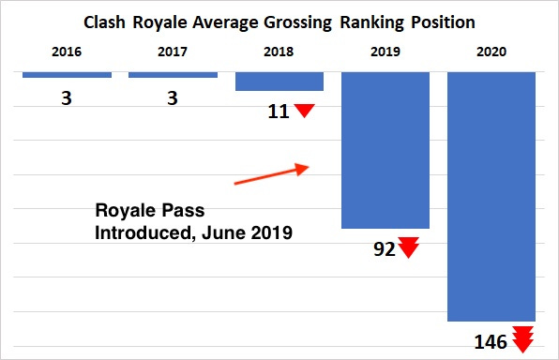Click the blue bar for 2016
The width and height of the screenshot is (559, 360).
point(67,74)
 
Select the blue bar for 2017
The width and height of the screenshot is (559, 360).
point(173,74)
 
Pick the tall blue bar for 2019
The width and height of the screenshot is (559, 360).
point(385,150)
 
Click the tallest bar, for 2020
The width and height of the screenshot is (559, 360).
point(491,197)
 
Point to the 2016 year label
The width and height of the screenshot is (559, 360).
point(67,52)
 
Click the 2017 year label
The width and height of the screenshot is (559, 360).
point(173,52)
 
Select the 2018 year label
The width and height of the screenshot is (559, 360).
point(279,52)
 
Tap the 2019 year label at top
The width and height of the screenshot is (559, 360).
point(385,52)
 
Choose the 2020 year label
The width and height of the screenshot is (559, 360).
point(491,52)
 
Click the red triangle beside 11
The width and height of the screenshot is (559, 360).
point(304,111)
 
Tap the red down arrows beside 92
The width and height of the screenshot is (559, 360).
point(408,248)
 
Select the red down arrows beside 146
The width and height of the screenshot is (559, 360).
point(522,338)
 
